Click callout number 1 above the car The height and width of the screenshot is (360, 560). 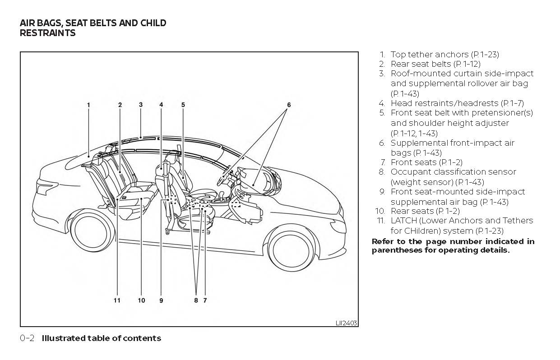(x=88, y=105)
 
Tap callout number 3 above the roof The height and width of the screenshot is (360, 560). (x=141, y=105)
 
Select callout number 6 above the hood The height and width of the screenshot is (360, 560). (x=289, y=105)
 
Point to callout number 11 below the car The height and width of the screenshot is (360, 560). (x=117, y=300)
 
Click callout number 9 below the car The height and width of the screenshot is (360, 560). (x=161, y=300)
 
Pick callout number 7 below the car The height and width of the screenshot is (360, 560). (x=205, y=300)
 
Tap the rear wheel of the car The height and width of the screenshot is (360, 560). (x=93, y=231)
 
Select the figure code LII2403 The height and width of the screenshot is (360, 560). (x=346, y=323)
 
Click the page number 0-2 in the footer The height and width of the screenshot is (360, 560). (x=28, y=338)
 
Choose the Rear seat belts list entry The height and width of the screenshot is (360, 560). (x=421, y=64)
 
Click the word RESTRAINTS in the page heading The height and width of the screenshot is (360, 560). (x=48, y=33)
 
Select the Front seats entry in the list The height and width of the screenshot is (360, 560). (x=413, y=162)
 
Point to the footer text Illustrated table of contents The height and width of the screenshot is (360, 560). (x=101, y=338)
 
